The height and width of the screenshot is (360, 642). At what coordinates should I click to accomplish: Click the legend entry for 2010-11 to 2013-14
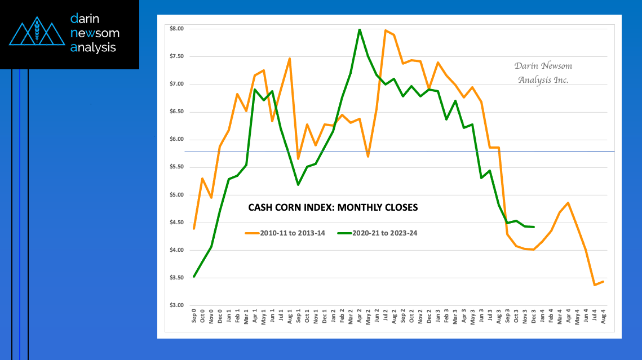pyautogui.click(x=285, y=232)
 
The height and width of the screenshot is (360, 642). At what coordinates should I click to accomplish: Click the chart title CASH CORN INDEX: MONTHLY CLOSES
pyautogui.click(x=333, y=207)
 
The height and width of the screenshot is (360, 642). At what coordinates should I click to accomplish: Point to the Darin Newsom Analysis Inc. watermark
pyautogui.click(x=543, y=73)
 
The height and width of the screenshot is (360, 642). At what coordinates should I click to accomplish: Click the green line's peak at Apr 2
pyautogui.click(x=360, y=29)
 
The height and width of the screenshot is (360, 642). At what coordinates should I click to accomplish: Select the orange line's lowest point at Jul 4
pyautogui.click(x=594, y=285)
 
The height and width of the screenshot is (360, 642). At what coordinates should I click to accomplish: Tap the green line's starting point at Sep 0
pyautogui.click(x=194, y=276)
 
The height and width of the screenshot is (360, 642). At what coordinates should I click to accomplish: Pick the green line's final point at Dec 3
pyautogui.click(x=534, y=227)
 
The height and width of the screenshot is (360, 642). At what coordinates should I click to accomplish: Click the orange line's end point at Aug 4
pyautogui.click(x=604, y=282)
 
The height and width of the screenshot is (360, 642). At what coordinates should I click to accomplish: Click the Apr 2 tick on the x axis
pyautogui.click(x=360, y=317)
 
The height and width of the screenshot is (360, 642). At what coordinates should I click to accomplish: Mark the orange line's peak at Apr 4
pyautogui.click(x=568, y=203)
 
